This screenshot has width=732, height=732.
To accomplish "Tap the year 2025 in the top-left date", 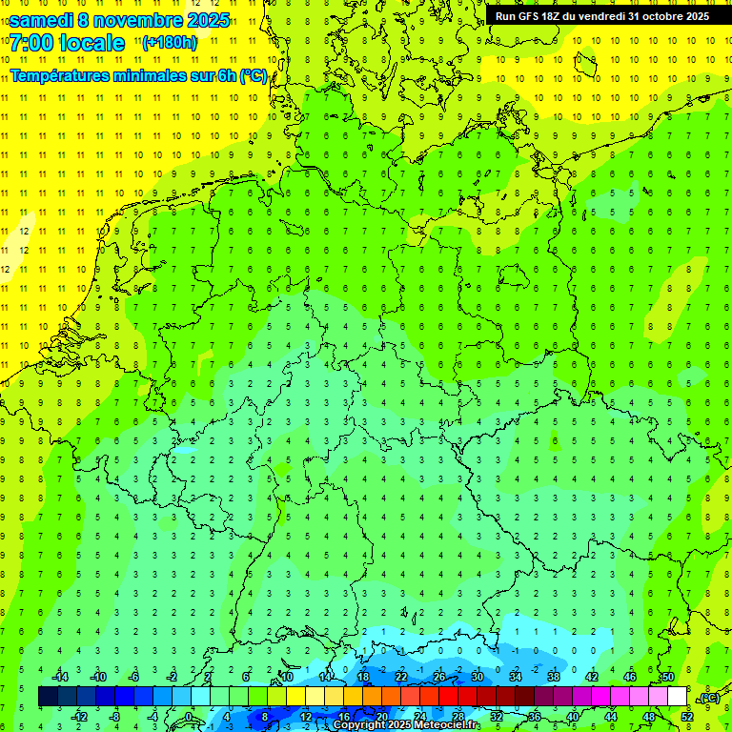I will click(x=204, y=19).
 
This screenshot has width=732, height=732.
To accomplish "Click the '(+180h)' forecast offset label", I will click(x=169, y=42).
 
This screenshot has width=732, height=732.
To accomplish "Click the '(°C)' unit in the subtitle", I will click(x=253, y=75).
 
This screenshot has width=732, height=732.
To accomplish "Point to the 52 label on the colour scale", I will click(x=687, y=716).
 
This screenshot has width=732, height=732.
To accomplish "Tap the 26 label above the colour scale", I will click(x=439, y=677).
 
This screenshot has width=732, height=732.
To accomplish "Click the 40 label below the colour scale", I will click(x=573, y=716).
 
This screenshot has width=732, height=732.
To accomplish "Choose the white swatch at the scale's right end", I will click(x=677, y=697).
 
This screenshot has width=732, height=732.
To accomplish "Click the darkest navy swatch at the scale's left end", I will click(x=48, y=697).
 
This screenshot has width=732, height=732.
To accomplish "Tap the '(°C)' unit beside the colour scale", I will click(x=708, y=697).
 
